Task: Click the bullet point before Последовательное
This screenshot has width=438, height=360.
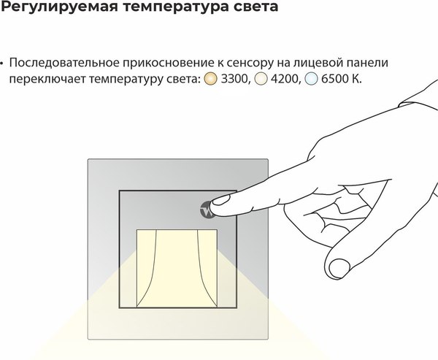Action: (4, 64)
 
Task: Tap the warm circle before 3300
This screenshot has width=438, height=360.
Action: (211, 78)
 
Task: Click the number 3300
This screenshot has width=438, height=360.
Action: (234, 78)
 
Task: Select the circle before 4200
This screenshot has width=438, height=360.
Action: (261, 78)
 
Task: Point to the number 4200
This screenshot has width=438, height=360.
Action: (284, 78)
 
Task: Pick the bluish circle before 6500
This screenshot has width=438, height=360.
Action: (311, 78)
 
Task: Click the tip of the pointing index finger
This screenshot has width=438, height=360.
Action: (216, 207)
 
